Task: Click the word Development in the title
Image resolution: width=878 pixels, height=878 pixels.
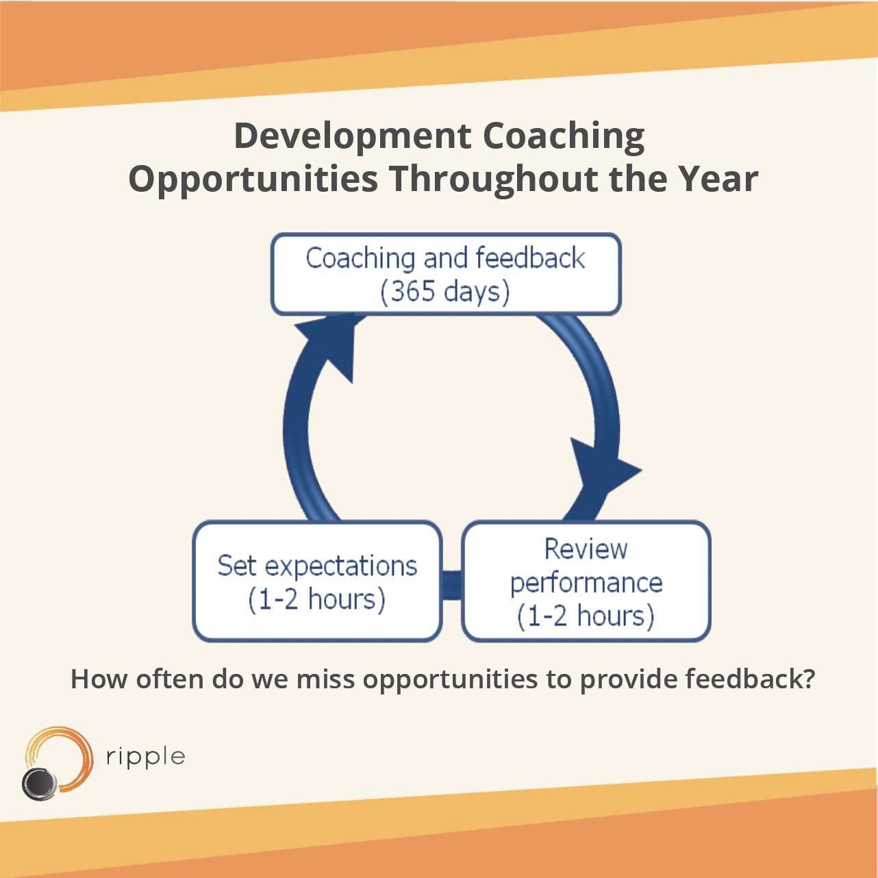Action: (x=352, y=137)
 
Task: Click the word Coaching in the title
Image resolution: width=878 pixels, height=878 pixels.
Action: (x=563, y=137)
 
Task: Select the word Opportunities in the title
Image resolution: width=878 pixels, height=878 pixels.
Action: (x=253, y=179)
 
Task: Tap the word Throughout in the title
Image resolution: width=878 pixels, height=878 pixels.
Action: (x=492, y=179)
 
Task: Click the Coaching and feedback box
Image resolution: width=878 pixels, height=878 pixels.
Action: (x=446, y=275)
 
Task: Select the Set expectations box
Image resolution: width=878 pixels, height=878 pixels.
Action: (x=317, y=581)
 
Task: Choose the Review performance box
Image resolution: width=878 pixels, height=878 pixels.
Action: (x=586, y=581)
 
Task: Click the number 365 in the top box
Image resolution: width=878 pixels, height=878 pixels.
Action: (x=413, y=291)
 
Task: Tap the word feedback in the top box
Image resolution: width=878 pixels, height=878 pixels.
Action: (x=530, y=258)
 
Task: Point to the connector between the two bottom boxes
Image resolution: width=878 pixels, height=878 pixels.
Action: (x=451, y=586)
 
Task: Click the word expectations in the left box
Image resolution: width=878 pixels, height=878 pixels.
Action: (x=341, y=568)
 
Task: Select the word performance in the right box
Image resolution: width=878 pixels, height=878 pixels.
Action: (x=586, y=584)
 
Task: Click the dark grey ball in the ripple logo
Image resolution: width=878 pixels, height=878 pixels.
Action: (x=40, y=784)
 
